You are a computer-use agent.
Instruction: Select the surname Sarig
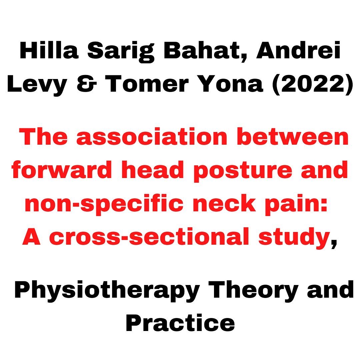[121, 52]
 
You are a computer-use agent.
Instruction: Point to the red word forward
[62, 170]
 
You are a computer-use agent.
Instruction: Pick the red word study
[294, 238]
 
